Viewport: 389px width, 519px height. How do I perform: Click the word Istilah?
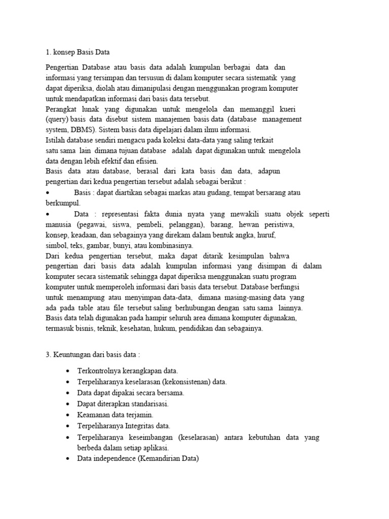pos(56,140)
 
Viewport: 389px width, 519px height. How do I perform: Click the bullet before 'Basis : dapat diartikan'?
pos(47,193)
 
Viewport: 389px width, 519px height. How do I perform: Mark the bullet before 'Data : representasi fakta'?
pos(47,214)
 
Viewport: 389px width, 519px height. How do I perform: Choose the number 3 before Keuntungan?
pos(48,355)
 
